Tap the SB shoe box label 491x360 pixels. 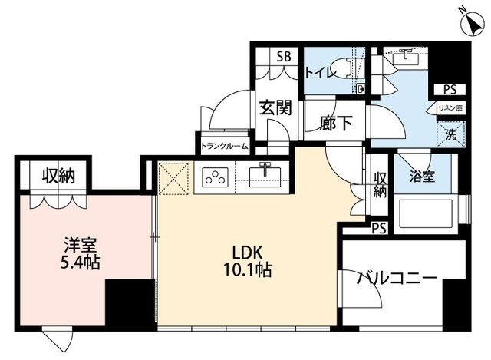click(284, 56)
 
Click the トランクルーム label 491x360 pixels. click(223, 146)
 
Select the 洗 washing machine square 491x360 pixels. click(451, 134)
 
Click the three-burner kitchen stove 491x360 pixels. click(214, 178)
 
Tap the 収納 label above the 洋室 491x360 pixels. click(58, 176)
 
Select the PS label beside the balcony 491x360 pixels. click(377, 229)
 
